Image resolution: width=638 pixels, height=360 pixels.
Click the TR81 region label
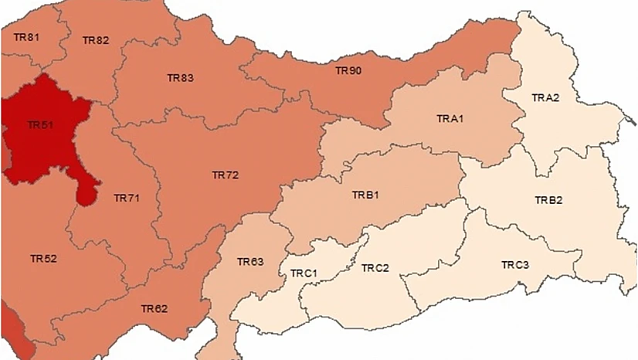[26, 37]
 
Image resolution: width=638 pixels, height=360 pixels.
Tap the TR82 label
[96, 40]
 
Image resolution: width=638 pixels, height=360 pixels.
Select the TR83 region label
[180, 78]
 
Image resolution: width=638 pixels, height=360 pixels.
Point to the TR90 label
[348, 70]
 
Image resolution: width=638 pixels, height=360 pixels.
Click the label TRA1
[450, 118]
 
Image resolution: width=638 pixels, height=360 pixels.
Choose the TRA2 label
[545, 97]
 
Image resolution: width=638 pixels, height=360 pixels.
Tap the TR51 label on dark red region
[39, 124]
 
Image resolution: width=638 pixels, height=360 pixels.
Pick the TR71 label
[126, 199]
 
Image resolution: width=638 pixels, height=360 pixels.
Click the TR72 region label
[225, 175]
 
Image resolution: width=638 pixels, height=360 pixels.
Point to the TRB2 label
[548, 200]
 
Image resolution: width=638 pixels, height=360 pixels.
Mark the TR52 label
[43, 258]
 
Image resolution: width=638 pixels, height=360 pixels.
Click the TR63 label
[250, 262]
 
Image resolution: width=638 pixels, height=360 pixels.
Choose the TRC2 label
[375, 268]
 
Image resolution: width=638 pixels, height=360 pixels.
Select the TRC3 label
[515, 265]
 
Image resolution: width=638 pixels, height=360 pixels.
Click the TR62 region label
[154, 308]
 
